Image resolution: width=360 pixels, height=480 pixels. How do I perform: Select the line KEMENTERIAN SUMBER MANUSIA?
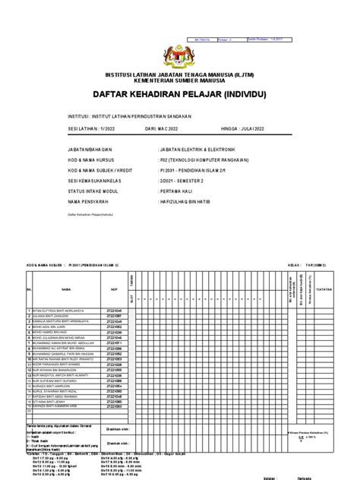pyautogui.click(x=180, y=80)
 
